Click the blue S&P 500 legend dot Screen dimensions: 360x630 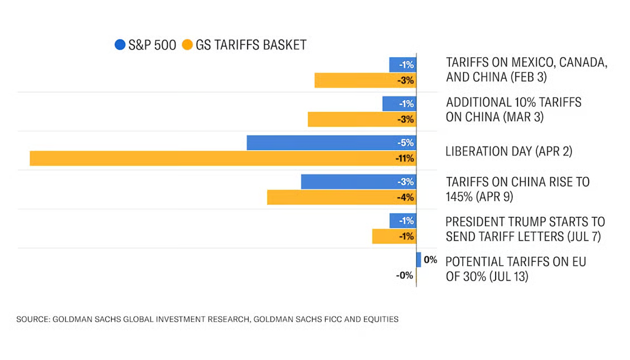click(120, 45)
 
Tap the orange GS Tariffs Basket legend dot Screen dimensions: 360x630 click(187, 45)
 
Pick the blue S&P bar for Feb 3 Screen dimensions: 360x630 click(402, 65)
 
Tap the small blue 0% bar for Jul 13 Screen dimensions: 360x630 click(419, 260)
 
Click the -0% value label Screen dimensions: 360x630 click(405, 275)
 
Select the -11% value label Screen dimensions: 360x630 click(405, 158)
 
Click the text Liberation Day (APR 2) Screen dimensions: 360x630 click(508, 151)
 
